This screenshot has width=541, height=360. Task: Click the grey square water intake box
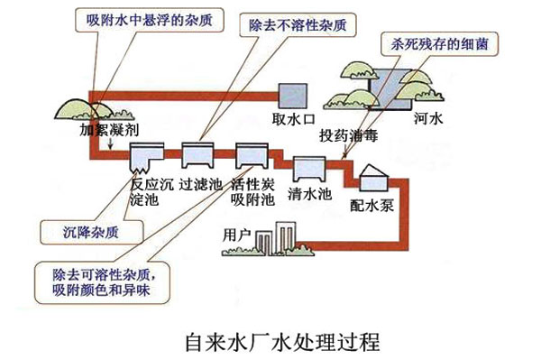tap(290, 94)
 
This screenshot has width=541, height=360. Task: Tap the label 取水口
tap(290, 119)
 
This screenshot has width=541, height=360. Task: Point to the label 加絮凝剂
tap(108, 129)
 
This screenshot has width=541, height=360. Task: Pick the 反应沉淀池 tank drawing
tap(143, 158)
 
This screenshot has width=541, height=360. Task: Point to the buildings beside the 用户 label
tap(270, 242)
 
